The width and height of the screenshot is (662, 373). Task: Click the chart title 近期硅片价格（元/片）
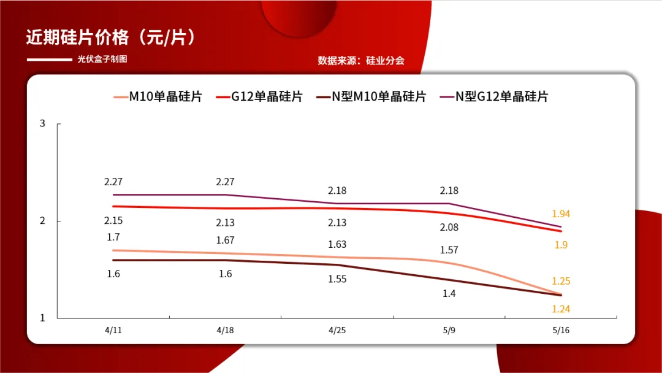click(111, 37)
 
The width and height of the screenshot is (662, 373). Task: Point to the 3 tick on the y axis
click(43, 123)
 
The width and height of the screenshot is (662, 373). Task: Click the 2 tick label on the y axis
click(43, 221)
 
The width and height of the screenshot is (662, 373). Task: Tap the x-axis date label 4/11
click(113, 330)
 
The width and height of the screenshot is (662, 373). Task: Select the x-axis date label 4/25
click(337, 330)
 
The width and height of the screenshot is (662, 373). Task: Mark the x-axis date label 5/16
click(561, 330)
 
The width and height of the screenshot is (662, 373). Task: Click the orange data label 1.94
click(561, 213)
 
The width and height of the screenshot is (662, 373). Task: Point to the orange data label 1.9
click(561, 245)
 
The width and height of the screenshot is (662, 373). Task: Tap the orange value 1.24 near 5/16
click(561, 309)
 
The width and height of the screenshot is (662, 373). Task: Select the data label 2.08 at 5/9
click(449, 228)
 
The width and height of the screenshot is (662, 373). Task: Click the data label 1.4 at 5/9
click(449, 294)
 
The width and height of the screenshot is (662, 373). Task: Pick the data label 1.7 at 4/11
click(113, 237)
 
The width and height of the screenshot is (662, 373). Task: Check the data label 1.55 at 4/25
click(337, 279)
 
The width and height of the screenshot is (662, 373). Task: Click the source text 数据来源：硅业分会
click(361, 60)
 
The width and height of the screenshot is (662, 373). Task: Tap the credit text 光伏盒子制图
click(102, 60)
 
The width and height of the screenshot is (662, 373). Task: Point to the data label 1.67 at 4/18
click(225, 240)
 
